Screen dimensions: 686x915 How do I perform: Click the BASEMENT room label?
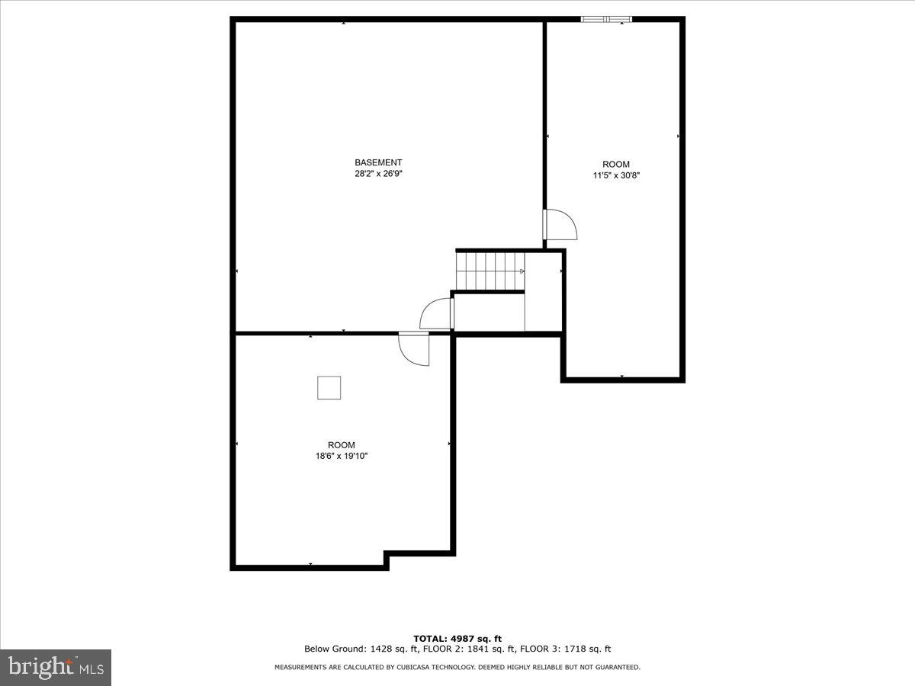tap(378, 162)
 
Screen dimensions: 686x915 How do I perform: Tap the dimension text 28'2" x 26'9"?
tap(378, 174)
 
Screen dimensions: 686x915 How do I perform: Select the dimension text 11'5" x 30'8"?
tap(616, 175)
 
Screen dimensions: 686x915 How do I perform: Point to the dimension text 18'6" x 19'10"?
tap(342, 456)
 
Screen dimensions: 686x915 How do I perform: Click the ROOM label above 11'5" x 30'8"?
tap(616, 164)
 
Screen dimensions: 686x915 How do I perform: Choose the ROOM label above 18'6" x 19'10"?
tap(342, 445)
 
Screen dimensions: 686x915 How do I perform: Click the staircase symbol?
tap(490, 271)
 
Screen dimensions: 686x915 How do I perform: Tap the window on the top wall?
tap(606, 19)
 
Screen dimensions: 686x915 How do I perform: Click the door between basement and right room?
tap(558, 224)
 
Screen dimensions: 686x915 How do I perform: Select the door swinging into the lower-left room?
tap(415, 349)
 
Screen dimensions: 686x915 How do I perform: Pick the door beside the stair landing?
tap(438, 314)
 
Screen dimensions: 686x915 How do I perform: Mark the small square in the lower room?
tap(329, 388)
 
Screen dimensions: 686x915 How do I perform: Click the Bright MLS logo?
tap(56, 668)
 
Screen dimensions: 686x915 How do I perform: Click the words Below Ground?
tap(328, 649)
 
